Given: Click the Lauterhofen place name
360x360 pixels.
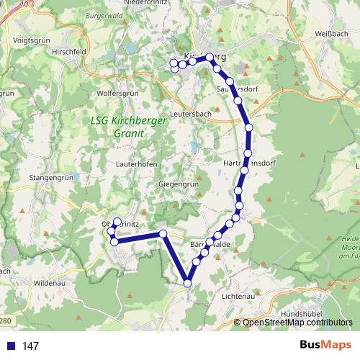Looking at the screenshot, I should point(137,163).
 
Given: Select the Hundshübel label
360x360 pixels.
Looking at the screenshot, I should point(303,315).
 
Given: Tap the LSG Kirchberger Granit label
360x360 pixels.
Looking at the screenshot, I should point(130,127).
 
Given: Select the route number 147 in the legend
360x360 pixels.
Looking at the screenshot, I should point(30,346).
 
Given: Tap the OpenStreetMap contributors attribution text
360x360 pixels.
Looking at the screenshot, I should point(297,323).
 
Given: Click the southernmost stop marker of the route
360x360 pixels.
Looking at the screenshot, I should point(188,284).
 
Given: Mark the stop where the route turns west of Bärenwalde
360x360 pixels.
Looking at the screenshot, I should point(163,234).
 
